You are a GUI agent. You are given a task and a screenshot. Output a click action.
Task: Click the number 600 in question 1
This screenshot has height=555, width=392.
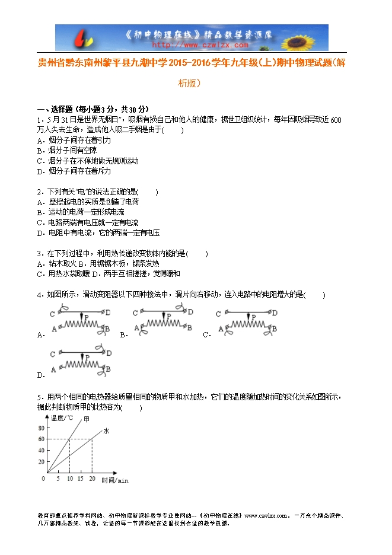coord(335,120)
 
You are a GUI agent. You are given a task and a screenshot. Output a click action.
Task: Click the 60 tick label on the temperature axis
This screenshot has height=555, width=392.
coord(41,439)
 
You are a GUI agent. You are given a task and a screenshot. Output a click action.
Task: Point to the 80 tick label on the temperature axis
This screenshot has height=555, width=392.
coord(41,428)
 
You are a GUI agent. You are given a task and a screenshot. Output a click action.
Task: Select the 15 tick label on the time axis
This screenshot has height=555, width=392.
coord(81,478)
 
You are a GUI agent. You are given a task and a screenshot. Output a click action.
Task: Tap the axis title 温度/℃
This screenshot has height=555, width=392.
coord(62,418)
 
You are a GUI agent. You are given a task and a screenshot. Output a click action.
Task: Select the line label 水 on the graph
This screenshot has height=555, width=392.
coord(107,431)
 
